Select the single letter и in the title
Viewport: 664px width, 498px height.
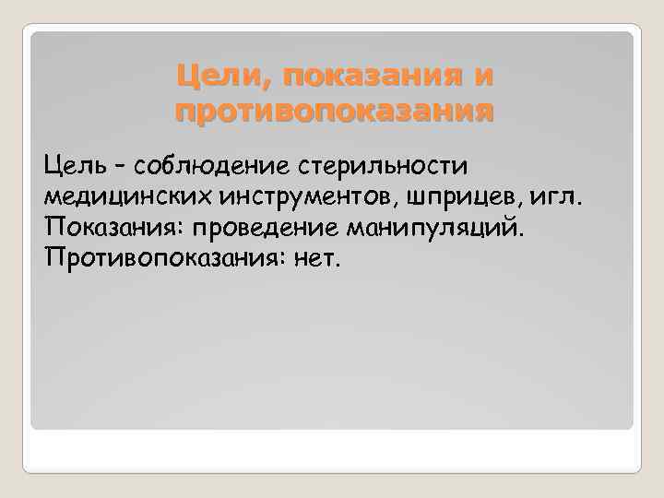(x=482, y=76)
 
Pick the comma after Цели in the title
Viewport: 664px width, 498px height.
(x=259, y=83)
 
